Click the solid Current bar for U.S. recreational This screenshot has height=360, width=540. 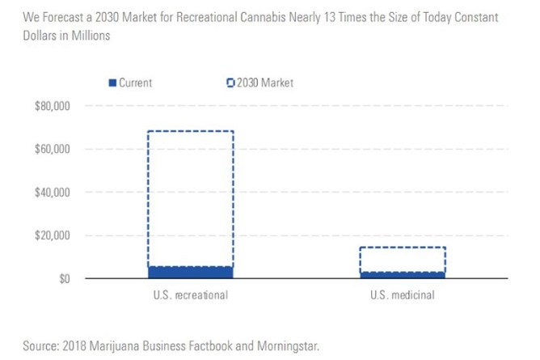click(191, 273)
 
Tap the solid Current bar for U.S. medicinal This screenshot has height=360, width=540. click(403, 275)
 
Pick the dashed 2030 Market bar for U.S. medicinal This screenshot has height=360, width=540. click(403, 260)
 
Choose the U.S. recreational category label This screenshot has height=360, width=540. click(191, 295)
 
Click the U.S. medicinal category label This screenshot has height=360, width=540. click(403, 295)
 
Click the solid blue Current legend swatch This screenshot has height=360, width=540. click(112, 83)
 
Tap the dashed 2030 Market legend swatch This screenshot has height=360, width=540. click(230, 83)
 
